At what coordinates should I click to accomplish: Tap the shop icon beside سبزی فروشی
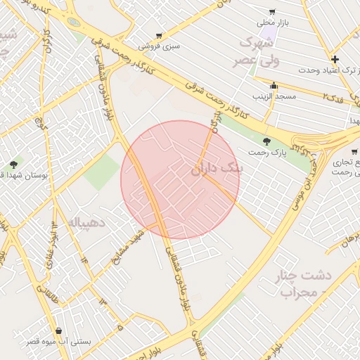[159, 35]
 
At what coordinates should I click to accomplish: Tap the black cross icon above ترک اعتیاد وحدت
[335, 59]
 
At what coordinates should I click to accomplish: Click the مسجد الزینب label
[275, 95]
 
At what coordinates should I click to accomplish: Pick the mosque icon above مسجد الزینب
[274, 85]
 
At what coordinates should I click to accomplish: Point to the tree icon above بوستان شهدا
[13, 165]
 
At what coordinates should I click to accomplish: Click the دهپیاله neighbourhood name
[89, 224]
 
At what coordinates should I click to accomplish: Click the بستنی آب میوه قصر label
[59, 341]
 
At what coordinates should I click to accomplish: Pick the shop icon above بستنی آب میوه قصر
[58, 330]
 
